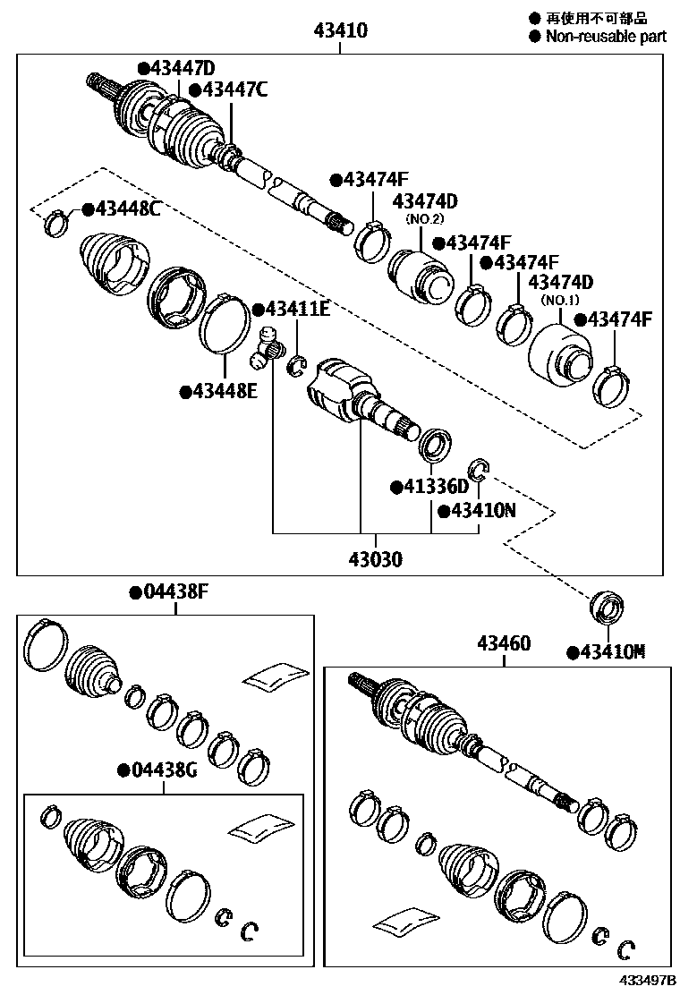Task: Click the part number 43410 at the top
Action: [340, 31]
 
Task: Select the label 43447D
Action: [181, 69]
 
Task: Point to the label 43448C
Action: [126, 209]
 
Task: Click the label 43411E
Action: [295, 310]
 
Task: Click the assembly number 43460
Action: [504, 643]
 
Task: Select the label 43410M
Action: [611, 652]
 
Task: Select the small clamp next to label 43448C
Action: [56, 221]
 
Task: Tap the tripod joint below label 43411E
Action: [267, 349]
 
